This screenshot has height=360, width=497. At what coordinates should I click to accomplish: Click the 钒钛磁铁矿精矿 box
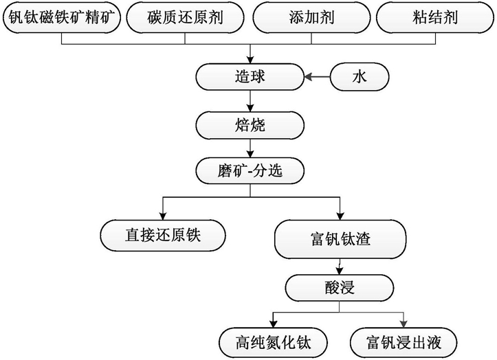pyautogui.click(x=61, y=17)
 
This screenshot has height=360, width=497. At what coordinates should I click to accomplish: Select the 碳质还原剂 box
pyautogui.click(x=185, y=17)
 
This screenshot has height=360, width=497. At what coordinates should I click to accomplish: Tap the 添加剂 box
pyautogui.click(x=311, y=17)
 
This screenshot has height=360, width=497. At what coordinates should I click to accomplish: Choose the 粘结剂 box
pyautogui.click(x=435, y=17)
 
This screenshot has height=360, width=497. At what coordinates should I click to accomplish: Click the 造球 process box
pyautogui.click(x=250, y=77)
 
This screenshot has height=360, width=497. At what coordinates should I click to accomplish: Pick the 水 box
pyautogui.click(x=360, y=77)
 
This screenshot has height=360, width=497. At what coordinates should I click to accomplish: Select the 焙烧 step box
pyautogui.click(x=250, y=125)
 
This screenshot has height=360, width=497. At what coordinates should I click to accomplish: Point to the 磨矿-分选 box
pyautogui.click(x=250, y=171)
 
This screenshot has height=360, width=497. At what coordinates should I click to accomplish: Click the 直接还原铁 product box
pyautogui.click(x=163, y=236)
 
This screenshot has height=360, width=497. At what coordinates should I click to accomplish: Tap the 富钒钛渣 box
pyautogui.click(x=340, y=239)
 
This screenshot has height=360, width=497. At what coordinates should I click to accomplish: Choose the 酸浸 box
pyautogui.click(x=340, y=288)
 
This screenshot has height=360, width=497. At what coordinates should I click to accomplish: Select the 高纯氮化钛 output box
pyautogui.click(x=273, y=343)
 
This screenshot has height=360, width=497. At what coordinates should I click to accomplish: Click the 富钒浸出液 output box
pyautogui.click(x=404, y=343)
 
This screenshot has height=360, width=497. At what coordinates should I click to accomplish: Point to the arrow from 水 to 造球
pyautogui.click(x=318, y=77)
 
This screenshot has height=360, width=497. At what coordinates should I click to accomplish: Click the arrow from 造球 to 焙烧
pyautogui.click(x=250, y=101)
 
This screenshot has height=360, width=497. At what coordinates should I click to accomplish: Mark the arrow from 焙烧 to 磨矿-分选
pyautogui.click(x=250, y=148)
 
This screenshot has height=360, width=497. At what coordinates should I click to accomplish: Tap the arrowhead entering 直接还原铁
pyautogui.click(x=163, y=216)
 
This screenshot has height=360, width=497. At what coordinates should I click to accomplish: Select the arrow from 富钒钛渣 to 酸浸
pyautogui.click(x=340, y=267)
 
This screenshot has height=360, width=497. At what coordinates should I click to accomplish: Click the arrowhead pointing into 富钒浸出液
pyautogui.click(x=404, y=324)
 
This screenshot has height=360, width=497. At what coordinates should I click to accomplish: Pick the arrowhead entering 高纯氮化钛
pyautogui.click(x=273, y=324)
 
